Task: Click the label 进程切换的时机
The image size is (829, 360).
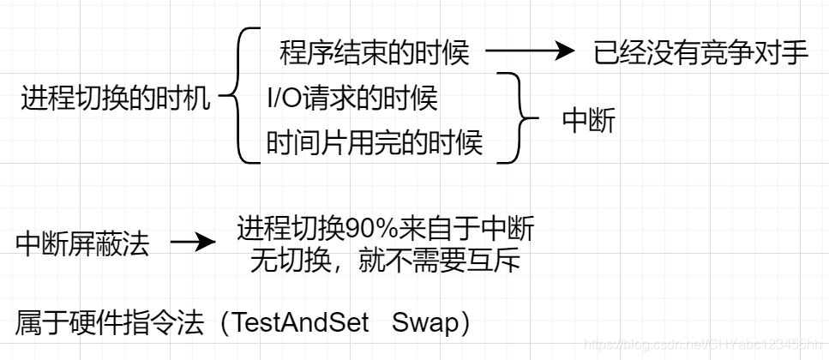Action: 115,99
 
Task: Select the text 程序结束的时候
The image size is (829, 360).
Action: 375,53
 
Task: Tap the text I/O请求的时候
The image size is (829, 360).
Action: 352,99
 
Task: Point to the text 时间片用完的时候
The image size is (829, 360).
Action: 375,142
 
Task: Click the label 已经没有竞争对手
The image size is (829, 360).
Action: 700,53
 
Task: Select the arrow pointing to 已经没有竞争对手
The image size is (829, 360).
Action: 529,52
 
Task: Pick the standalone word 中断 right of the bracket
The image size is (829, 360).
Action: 588,121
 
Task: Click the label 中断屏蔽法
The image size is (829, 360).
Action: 82,244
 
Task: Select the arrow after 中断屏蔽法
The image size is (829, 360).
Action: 193,243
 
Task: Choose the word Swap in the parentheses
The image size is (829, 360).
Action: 423,323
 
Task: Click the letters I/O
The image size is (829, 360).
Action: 284,99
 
